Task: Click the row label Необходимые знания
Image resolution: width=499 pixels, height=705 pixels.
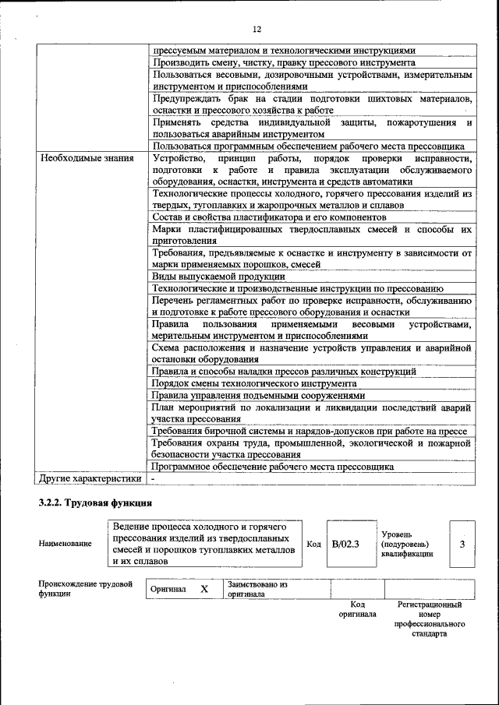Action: (82, 158)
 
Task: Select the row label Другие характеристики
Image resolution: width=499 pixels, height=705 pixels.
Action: (90, 478)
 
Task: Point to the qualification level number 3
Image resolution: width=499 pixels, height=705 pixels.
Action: (462, 544)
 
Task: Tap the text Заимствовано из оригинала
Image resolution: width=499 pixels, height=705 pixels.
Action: (257, 589)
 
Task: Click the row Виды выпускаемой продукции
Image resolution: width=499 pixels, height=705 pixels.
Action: (219, 277)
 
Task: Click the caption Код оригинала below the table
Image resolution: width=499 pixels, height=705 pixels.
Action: (357, 608)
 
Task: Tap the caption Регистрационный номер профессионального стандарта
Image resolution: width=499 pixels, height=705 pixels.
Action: (429, 619)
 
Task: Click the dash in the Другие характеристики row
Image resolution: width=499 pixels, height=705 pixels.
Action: (154, 478)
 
